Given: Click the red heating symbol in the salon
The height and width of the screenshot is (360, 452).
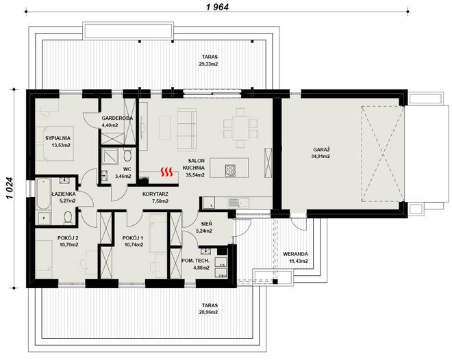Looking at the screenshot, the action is (167, 172).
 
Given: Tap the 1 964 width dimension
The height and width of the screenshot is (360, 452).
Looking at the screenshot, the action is (217, 7).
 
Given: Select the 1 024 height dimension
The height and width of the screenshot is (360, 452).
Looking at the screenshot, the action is (10, 188).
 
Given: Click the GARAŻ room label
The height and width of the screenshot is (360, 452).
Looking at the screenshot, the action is (322, 150).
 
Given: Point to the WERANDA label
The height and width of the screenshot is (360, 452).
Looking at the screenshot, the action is (295, 254).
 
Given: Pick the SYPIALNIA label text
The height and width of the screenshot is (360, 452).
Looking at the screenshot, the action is (58, 138).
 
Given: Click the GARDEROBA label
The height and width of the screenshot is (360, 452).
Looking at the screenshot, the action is (117, 118).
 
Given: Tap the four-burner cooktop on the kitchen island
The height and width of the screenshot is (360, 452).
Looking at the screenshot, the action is (230, 170).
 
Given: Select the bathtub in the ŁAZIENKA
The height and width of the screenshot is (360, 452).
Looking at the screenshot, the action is (44, 194).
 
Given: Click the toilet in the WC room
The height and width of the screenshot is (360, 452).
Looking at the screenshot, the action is (127, 155).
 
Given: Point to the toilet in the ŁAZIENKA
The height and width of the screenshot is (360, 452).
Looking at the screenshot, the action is (68, 218).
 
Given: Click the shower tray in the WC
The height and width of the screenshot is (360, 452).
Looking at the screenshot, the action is (109, 158).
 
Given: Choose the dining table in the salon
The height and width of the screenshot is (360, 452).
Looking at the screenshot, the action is (240, 127).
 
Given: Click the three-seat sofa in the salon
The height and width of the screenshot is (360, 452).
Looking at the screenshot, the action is (187, 129).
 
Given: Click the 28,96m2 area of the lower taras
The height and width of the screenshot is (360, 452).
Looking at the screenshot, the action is (210, 312).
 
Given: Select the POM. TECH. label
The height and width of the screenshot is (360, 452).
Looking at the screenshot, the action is (195, 261).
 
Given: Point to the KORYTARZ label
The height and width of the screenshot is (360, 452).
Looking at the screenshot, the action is (155, 194).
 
